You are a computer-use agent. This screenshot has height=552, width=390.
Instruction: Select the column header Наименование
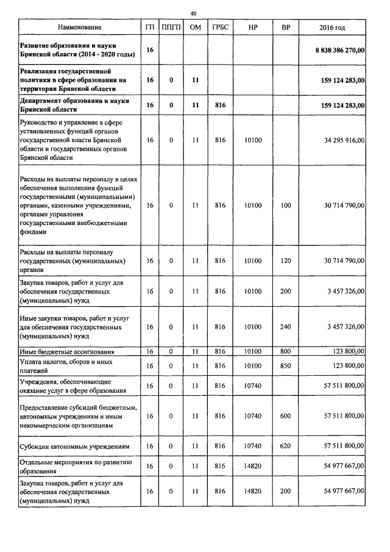pos(80,27)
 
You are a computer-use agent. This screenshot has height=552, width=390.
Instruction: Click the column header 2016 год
pos(332,27)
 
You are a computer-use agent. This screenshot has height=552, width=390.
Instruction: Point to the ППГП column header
pos(171,27)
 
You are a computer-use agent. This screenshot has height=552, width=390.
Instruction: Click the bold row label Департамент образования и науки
pos(77,104)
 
